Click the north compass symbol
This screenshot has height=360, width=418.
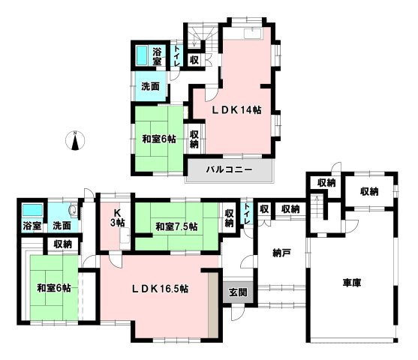click(76, 140)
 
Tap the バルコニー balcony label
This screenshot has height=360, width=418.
click(229, 169)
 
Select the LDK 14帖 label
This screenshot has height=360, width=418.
click(236, 110)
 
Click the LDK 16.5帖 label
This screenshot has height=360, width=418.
click(161, 289)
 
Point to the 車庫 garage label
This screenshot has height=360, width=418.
click(352, 283)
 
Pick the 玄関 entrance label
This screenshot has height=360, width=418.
click(238, 292)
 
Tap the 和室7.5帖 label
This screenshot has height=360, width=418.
click(177, 226)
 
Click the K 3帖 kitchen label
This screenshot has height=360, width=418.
click(117, 217)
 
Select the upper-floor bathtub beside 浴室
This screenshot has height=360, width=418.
click(142, 55)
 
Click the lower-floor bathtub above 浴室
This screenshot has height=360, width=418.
click(32, 210)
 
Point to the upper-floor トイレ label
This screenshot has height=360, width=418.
click(177, 55)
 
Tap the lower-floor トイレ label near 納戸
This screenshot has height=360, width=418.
click(247, 214)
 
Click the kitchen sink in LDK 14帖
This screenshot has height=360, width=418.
click(253, 34)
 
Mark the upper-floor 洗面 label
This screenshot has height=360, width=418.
click(150, 86)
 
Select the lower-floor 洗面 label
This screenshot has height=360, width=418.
click(62, 226)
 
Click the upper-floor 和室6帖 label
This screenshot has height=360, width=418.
click(159, 139)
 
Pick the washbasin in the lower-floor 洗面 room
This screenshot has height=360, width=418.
click(74, 210)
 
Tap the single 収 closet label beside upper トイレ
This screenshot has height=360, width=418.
click(194, 60)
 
